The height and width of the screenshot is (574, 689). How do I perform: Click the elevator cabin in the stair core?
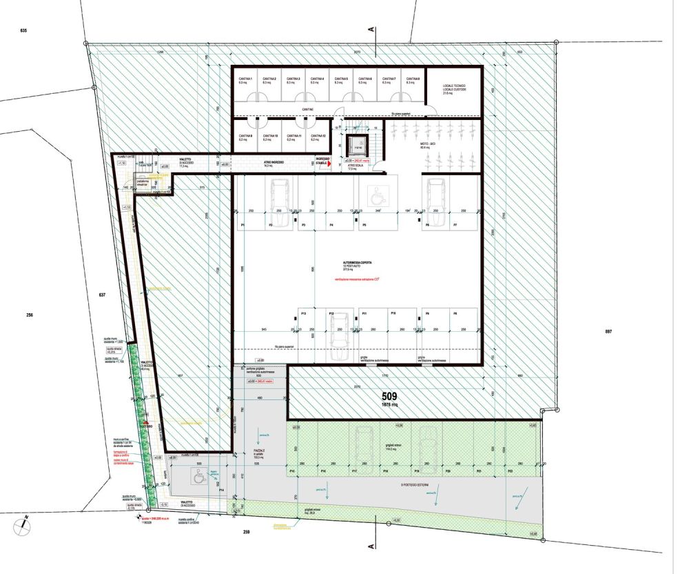pyautogui.click(x=358, y=146)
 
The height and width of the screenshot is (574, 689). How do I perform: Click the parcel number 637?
pyautogui.click(x=102, y=295)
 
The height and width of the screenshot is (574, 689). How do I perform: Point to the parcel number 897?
pyautogui.click(x=608, y=332)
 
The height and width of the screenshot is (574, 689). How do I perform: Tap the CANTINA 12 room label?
pyautogui.click(x=319, y=137)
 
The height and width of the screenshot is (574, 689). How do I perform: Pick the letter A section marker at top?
pyautogui.click(x=371, y=29)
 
